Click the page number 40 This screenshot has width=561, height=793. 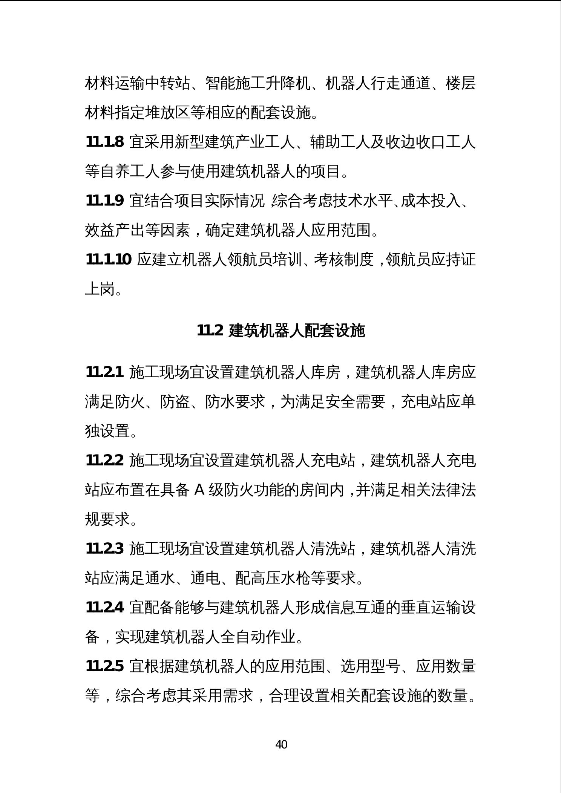281,744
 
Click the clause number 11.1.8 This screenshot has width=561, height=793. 104,142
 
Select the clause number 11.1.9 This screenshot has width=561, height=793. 104,201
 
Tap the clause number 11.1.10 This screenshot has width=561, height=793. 109,260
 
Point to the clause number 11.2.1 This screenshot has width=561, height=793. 104,372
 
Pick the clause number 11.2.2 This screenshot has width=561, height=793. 104,461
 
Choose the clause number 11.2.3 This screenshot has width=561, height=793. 104,549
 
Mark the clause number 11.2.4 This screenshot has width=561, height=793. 104,608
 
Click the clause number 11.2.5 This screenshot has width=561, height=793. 104,666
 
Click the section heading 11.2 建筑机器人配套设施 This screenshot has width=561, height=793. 281,331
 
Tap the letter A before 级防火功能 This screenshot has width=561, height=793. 199,490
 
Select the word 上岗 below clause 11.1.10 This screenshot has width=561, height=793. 100,289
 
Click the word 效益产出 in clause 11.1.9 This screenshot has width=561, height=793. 115,230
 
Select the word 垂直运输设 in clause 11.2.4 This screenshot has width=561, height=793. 438,608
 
